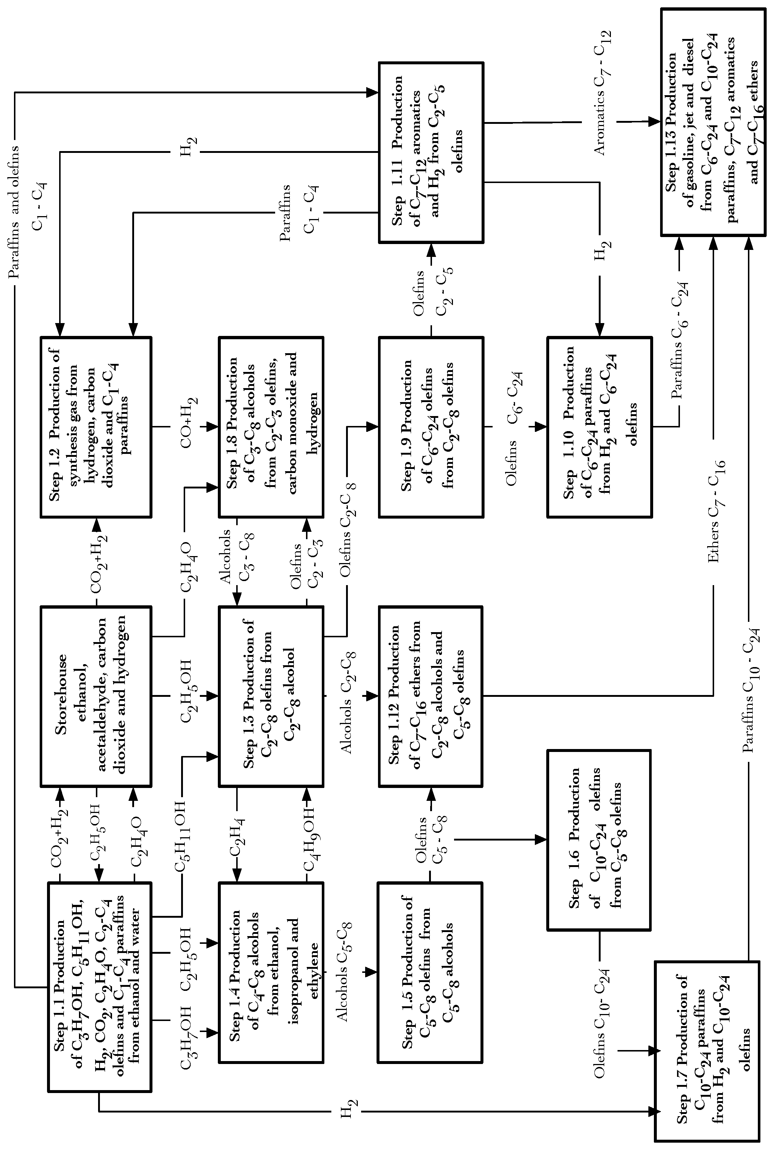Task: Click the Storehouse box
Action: coord(96,696)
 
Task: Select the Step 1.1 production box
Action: coord(99,986)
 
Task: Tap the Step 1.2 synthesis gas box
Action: coord(96,427)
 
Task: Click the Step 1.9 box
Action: coord(431,427)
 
